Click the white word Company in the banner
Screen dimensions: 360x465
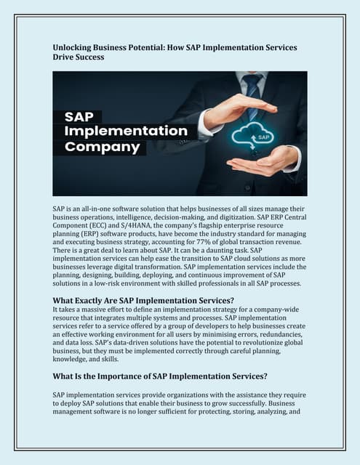click(102, 147)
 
